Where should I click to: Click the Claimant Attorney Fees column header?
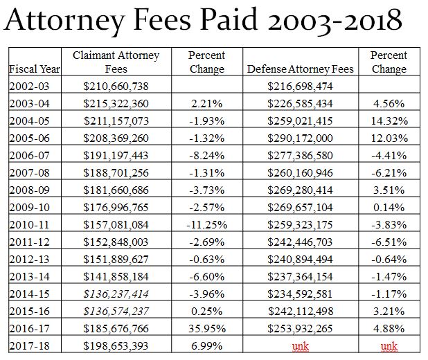click(116, 62)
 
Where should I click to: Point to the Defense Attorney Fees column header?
click(300, 69)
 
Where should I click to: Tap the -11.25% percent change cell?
click(206, 224)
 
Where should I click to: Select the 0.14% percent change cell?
click(389, 206)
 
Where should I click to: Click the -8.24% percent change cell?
click(206, 154)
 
